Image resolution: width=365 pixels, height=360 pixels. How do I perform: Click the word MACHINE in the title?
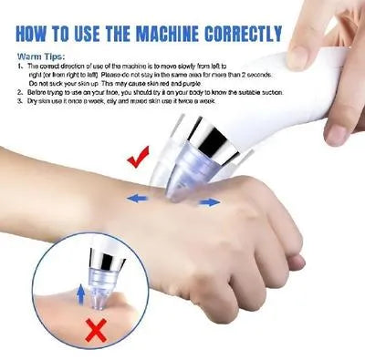(173, 36)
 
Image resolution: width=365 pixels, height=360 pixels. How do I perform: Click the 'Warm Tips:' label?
(36, 57)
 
